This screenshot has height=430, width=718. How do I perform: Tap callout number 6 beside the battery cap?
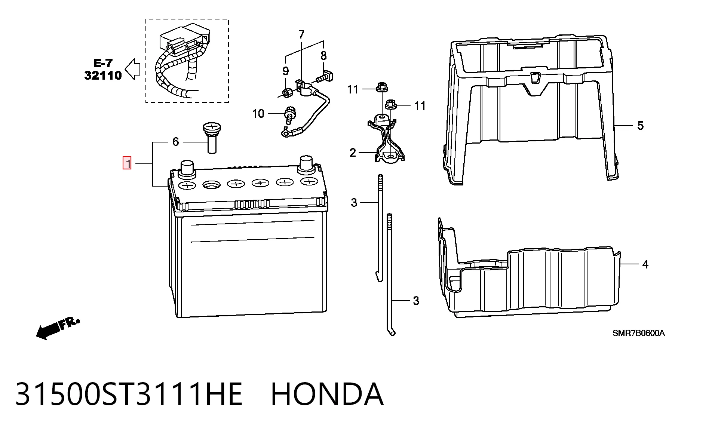click(x=175, y=142)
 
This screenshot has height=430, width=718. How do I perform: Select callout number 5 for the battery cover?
click(x=640, y=126)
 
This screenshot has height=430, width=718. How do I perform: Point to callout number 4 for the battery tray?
click(x=645, y=264)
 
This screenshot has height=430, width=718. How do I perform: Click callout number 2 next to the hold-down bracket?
click(x=353, y=153)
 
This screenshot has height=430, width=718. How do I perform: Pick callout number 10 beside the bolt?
click(x=258, y=113)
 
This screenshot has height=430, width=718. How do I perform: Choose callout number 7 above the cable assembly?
click(x=301, y=34)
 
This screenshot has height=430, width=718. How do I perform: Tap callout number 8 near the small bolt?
click(x=323, y=56)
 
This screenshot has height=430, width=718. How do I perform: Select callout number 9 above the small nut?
click(x=285, y=71)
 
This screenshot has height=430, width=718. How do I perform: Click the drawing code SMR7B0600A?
click(x=638, y=333)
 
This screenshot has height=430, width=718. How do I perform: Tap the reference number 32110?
click(x=103, y=75)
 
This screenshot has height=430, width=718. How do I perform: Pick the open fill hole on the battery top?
click(x=211, y=185)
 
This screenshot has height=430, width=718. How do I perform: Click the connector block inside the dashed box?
click(x=185, y=39)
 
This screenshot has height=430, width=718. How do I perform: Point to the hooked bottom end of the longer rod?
click(x=391, y=331)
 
